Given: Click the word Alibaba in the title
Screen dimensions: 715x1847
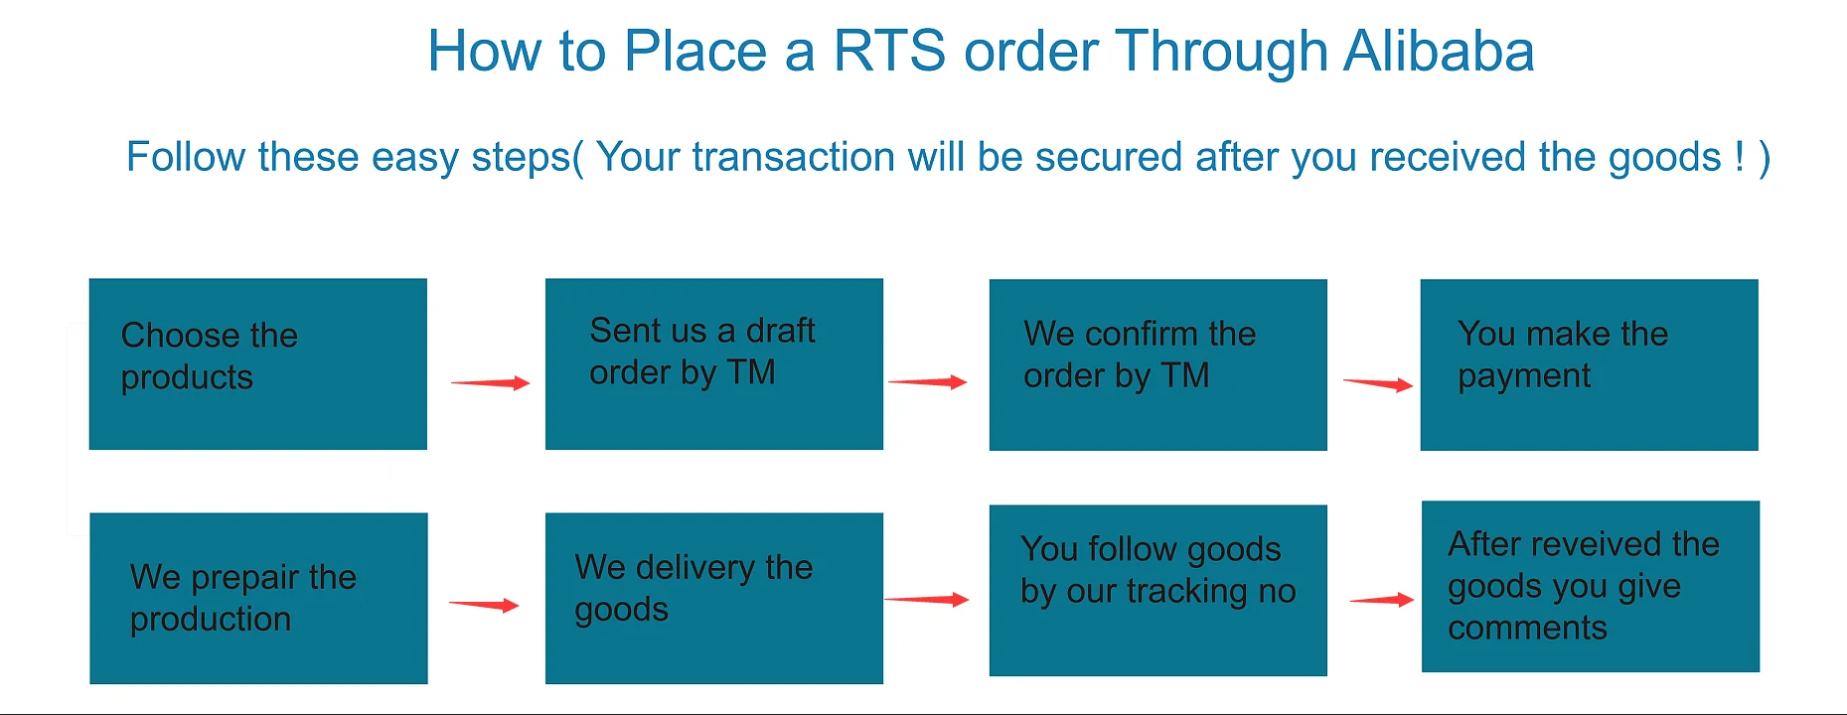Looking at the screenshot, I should (x=1438, y=52).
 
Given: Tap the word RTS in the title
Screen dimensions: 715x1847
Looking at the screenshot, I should (x=889, y=52).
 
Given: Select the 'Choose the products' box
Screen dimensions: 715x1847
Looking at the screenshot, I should (x=257, y=363).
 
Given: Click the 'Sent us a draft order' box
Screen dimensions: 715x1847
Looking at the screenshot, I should (x=713, y=363).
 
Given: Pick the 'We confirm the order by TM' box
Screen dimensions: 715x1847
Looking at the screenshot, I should (x=1157, y=364).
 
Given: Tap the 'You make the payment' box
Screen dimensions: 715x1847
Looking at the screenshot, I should (x=1589, y=364).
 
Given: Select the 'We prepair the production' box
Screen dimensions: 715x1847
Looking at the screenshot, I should (x=258, y=598).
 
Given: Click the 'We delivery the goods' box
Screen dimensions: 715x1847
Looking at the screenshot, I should (x=713, y=598).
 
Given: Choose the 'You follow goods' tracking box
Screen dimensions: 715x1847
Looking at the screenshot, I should (x=1157, y=590).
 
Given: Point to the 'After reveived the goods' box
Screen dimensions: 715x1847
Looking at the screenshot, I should (x=1590, y=586).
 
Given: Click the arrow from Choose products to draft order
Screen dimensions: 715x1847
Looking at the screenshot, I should (x=490, y=383).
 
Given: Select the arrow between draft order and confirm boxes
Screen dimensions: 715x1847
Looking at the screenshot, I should (x=927, y=382).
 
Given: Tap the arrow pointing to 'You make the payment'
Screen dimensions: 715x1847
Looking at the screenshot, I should (x=1377, y=384).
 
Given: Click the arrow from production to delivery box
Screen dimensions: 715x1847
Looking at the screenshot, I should (x=484, y=605).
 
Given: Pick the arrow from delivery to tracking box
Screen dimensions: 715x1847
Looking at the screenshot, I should (x=926, y=599).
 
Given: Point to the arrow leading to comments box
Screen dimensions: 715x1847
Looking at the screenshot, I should (x=1381, y=600).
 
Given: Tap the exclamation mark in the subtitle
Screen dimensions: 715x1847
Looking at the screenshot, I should (x=1739, y=157).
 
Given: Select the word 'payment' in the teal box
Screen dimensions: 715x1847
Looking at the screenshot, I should (x=1523, y=376).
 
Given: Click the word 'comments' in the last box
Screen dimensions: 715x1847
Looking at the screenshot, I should (x=1527, y=628).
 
